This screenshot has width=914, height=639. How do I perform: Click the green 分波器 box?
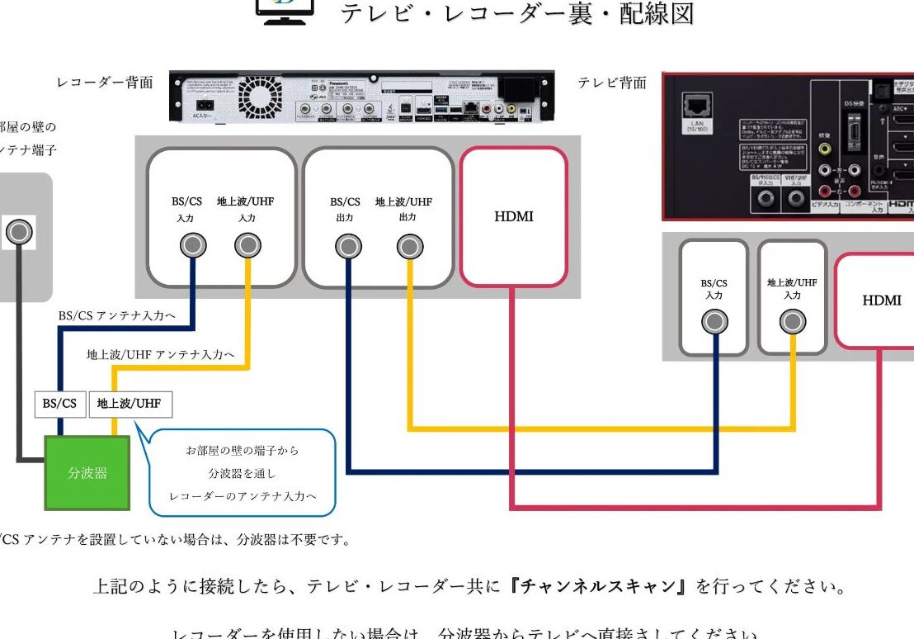pyautogui.click(x=87, y=473)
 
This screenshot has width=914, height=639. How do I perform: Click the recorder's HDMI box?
pyautogui.click(x=513, y=216)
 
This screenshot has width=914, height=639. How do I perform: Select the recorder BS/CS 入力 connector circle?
pyautogui.click(x=193, y=245)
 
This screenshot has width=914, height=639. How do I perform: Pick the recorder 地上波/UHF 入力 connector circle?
pyautogui.click(x=247, y=245)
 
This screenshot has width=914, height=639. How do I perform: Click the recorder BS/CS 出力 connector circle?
pyautogui.click(x=346, y=245)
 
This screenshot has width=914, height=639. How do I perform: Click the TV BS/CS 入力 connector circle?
pyautogui.click(x=714, y=322)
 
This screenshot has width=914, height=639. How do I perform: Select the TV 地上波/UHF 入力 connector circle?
pyautogui.click(x=793, y=321)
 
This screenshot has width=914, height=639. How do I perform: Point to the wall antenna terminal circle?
pyautogui.click(x=19, y=233)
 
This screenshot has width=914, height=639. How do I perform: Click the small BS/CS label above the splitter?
pyautogui.click(x=59, y=404)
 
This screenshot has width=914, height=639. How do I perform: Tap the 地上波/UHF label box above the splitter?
pyautogui.click(x=130, y=404)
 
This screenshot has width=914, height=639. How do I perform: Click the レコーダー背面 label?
pyautogui.click(x=105, y=83)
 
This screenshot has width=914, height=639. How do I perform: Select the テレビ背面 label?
pyautogui.click(x=612, y=83)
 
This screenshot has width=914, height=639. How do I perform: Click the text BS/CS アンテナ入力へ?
pyautogui.click(x=116, y=315)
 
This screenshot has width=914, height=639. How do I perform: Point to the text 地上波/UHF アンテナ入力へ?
pyautogui.click(x=161, y=354)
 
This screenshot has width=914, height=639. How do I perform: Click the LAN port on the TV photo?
pyautogui.click(x=693, y=108)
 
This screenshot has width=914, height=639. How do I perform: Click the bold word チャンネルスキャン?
pyautogui.click(x=599, y=587)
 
